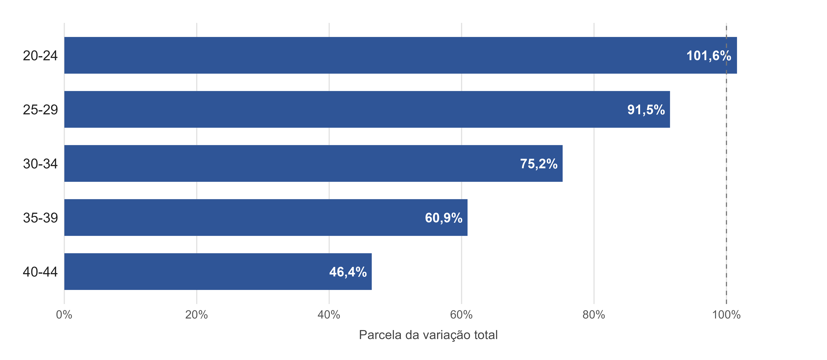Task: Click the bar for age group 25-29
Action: click(x=367, y=109)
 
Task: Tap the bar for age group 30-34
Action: click(x=313, y=164)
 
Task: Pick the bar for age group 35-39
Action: click(x=266, y=217)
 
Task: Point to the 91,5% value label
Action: click(x=646, y=110)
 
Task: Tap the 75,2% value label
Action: click(x=539, y=164)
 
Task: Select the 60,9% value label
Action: click(x=444, y=218)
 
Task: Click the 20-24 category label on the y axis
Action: click(x=40, y=56)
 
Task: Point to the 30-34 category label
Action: click(x=40, y=164)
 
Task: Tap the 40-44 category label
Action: click(x=40, y=272)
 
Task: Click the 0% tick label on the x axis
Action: click(x=64, y=315)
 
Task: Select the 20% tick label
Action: click(x=197, y=315)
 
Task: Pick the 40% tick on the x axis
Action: click(x=329, y=315)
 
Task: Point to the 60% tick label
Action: click(x=461, y=315)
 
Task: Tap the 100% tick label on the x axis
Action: click(x=726, y=315)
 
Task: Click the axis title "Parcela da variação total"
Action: click(x=428, y=335)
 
